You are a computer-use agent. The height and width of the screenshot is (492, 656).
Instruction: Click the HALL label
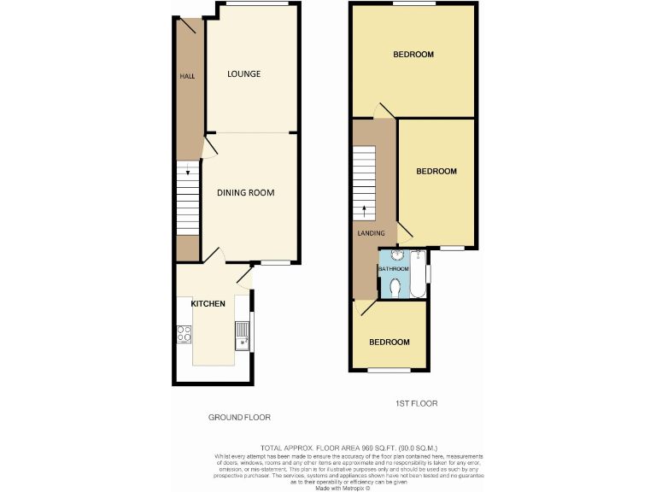click(187, 77)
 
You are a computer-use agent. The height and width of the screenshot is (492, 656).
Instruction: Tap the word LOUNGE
click(243, 74)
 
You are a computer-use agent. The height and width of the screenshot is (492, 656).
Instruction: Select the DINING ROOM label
click(245, 193)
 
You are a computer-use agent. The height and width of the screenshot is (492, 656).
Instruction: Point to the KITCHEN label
click(208, 304)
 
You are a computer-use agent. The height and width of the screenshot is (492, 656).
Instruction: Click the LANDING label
click(372, 234)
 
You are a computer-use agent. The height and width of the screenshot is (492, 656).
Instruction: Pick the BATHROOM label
click(394, 270)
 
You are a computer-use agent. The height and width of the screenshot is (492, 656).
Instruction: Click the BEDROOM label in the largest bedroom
click(413, 55)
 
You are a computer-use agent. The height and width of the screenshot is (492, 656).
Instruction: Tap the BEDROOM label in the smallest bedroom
click(389, 343)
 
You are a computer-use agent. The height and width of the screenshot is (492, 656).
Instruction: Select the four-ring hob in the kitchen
click(184, 335)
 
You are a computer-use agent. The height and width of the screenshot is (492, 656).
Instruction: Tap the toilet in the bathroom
click(394, 289)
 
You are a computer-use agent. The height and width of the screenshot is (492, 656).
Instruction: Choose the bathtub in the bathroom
click(418, 273)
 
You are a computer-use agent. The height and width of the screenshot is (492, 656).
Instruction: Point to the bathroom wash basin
click(398, 255)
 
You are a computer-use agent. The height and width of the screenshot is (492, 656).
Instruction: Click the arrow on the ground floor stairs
click(188, 173)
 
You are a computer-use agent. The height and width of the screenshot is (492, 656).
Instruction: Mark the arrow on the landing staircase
click(366, 208)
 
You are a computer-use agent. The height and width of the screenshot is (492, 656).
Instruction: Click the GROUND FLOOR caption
click(240, 418)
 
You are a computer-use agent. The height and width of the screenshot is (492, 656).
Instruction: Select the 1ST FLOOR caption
click(417, 403)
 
